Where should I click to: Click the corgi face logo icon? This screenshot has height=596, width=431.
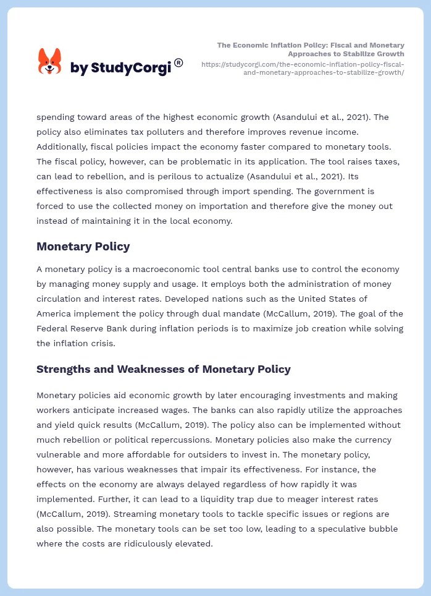coord(50,61)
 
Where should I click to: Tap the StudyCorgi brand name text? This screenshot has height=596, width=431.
coord(120,68)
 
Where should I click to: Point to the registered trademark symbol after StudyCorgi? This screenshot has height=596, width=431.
coord(178,62)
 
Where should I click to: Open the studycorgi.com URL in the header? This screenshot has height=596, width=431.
coord(303,68)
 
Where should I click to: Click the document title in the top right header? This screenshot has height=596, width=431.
coord(311,49)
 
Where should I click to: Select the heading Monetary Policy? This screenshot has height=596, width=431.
coord(83,247)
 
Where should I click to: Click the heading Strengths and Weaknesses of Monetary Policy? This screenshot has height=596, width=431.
coord(163,369)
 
